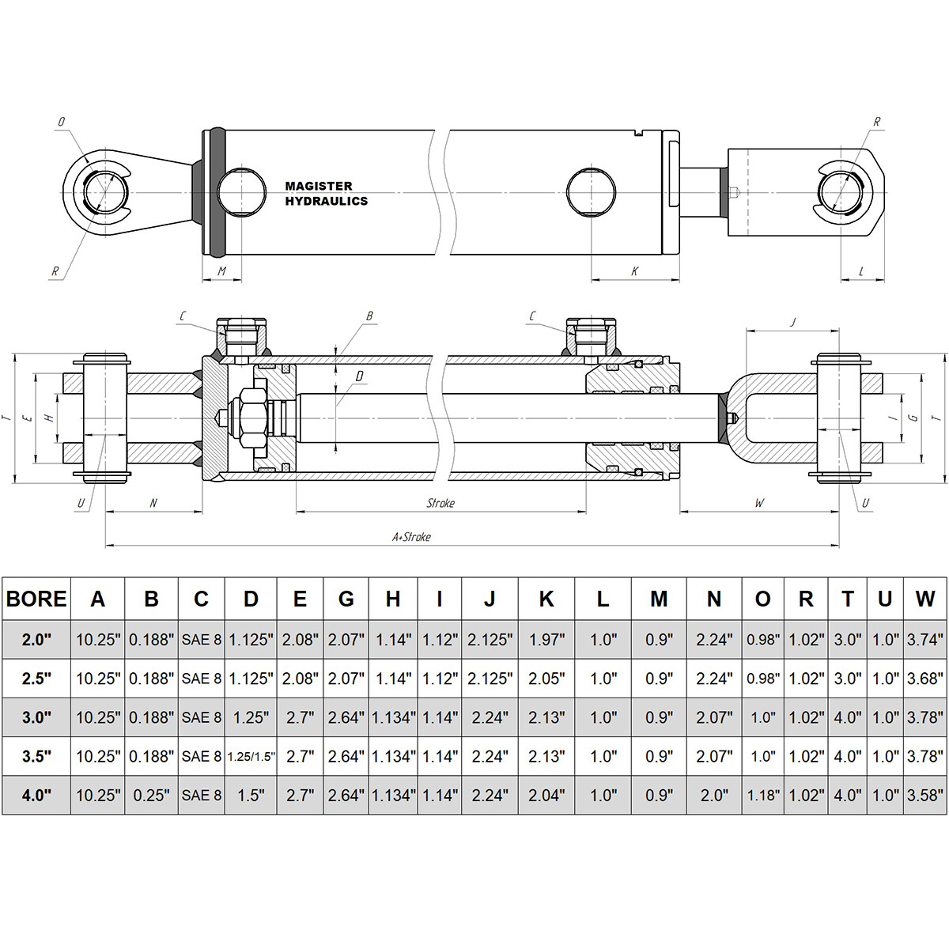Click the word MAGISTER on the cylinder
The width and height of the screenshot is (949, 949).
point(318,187)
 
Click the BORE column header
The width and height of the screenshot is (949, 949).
point(36,599)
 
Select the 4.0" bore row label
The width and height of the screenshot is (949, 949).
point(36,795)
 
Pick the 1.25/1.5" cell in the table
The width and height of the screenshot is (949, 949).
point(251,757)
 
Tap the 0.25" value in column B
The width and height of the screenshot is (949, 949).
point(151,795)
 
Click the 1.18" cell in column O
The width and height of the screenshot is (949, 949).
point(762,795)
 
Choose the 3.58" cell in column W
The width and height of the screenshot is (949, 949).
point(924,795)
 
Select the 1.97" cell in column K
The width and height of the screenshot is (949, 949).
point(546,639)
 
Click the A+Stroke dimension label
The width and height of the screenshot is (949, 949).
point(412,537)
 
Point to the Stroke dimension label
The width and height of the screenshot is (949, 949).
point(440,503)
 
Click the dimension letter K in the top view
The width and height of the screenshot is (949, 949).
point(634,271)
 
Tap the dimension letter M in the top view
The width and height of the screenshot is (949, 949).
point(222,271)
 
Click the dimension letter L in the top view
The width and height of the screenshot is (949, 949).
point(861,271)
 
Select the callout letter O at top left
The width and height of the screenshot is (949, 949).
point(61,123)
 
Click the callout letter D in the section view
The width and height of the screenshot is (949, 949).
point(359,376)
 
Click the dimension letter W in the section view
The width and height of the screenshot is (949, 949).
point(759,503)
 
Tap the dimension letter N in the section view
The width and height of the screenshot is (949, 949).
point(153,503)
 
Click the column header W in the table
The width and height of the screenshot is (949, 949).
point(924,599)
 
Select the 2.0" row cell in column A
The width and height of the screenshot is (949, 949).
point(97,639)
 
